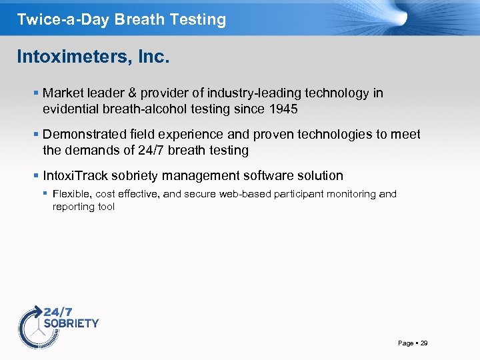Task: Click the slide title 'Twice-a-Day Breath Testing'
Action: pyautogui.click(x=121, y=19)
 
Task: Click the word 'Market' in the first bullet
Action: pyautogui.click(x=61, y=93)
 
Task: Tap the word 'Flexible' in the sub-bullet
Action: pyautogui.click(x=72, y=194)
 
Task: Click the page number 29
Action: pyautogui.click(x=424, y=343)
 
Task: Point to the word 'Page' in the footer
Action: pyautogui.click(x=405, y=343)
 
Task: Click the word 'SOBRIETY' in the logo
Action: pyautogui.click(x=71, y=323)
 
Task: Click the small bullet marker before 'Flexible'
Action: pyautogui.click(x=45, y=194)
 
